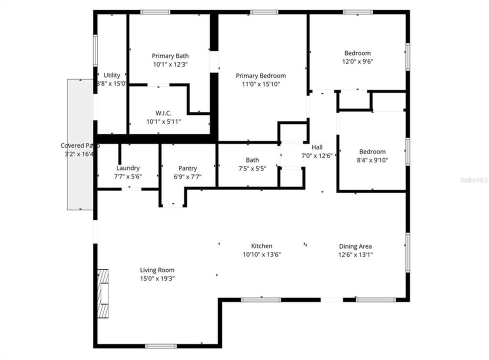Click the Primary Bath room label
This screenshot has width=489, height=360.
[170, 55]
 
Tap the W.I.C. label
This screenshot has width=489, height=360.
[163, 113]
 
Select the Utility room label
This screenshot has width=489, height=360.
[112, 75]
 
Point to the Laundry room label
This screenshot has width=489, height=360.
[127, 168]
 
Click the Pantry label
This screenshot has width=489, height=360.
[187, 168]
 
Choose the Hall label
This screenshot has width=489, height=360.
[317, 147]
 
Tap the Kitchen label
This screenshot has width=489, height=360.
[261, 246]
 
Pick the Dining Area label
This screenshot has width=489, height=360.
[355, 246]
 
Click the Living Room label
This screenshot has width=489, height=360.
[157, 270]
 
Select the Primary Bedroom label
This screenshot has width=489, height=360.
[261, 76]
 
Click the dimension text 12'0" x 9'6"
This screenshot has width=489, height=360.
[357, 61]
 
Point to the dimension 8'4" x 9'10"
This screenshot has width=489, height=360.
[372, 160]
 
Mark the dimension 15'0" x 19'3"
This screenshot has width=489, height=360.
[157, 278]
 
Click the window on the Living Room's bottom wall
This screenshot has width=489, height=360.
[160, 345]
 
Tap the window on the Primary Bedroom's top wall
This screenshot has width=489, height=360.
[264, 12]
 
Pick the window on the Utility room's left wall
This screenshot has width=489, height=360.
[95, 50]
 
